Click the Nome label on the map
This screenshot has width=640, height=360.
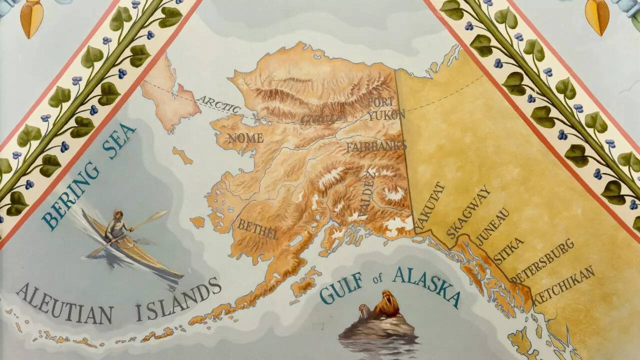[x=245, y=138]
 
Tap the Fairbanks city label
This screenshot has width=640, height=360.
[x=376, y=146]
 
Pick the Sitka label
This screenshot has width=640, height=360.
[x=508, y=250]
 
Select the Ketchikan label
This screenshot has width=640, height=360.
[x=563, y=285]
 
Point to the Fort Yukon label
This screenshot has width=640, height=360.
[x=385, y=108]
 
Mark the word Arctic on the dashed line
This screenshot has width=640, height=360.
[x=219, y=103]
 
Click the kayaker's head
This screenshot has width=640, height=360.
[x=118, y=214]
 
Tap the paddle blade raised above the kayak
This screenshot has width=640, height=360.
[x=158, y=215]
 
